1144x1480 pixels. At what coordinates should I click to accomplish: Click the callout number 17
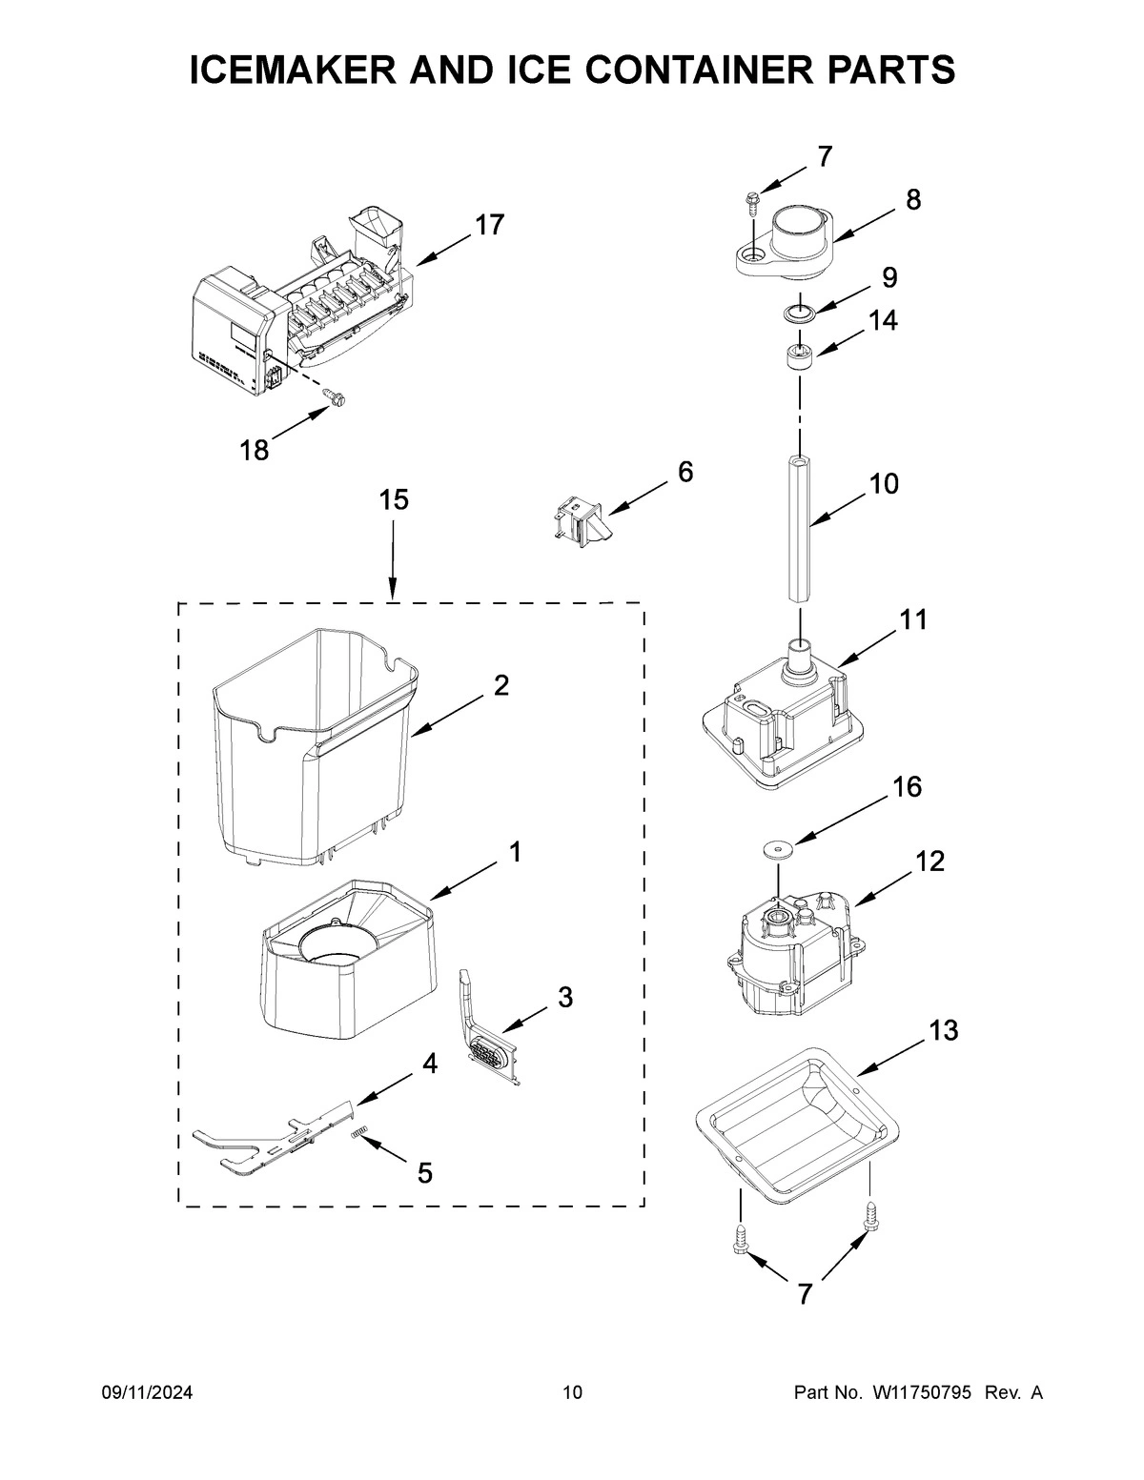[x=490, y=226]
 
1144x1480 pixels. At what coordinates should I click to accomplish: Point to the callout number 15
[x=393, y=500]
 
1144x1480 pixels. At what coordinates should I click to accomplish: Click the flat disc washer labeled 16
[x=779, y=847]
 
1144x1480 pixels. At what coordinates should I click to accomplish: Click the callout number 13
[x=943, y=1031]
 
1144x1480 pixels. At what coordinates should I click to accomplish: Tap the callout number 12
[x=929, y=862]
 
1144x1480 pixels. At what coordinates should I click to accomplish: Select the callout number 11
[x=912, y=620]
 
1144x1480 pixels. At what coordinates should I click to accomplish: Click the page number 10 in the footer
[x=572, y=1393]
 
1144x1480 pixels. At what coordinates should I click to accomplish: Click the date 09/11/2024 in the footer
[x=147, y=1393]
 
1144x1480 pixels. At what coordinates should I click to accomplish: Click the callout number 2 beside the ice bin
[x=500, y=685]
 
